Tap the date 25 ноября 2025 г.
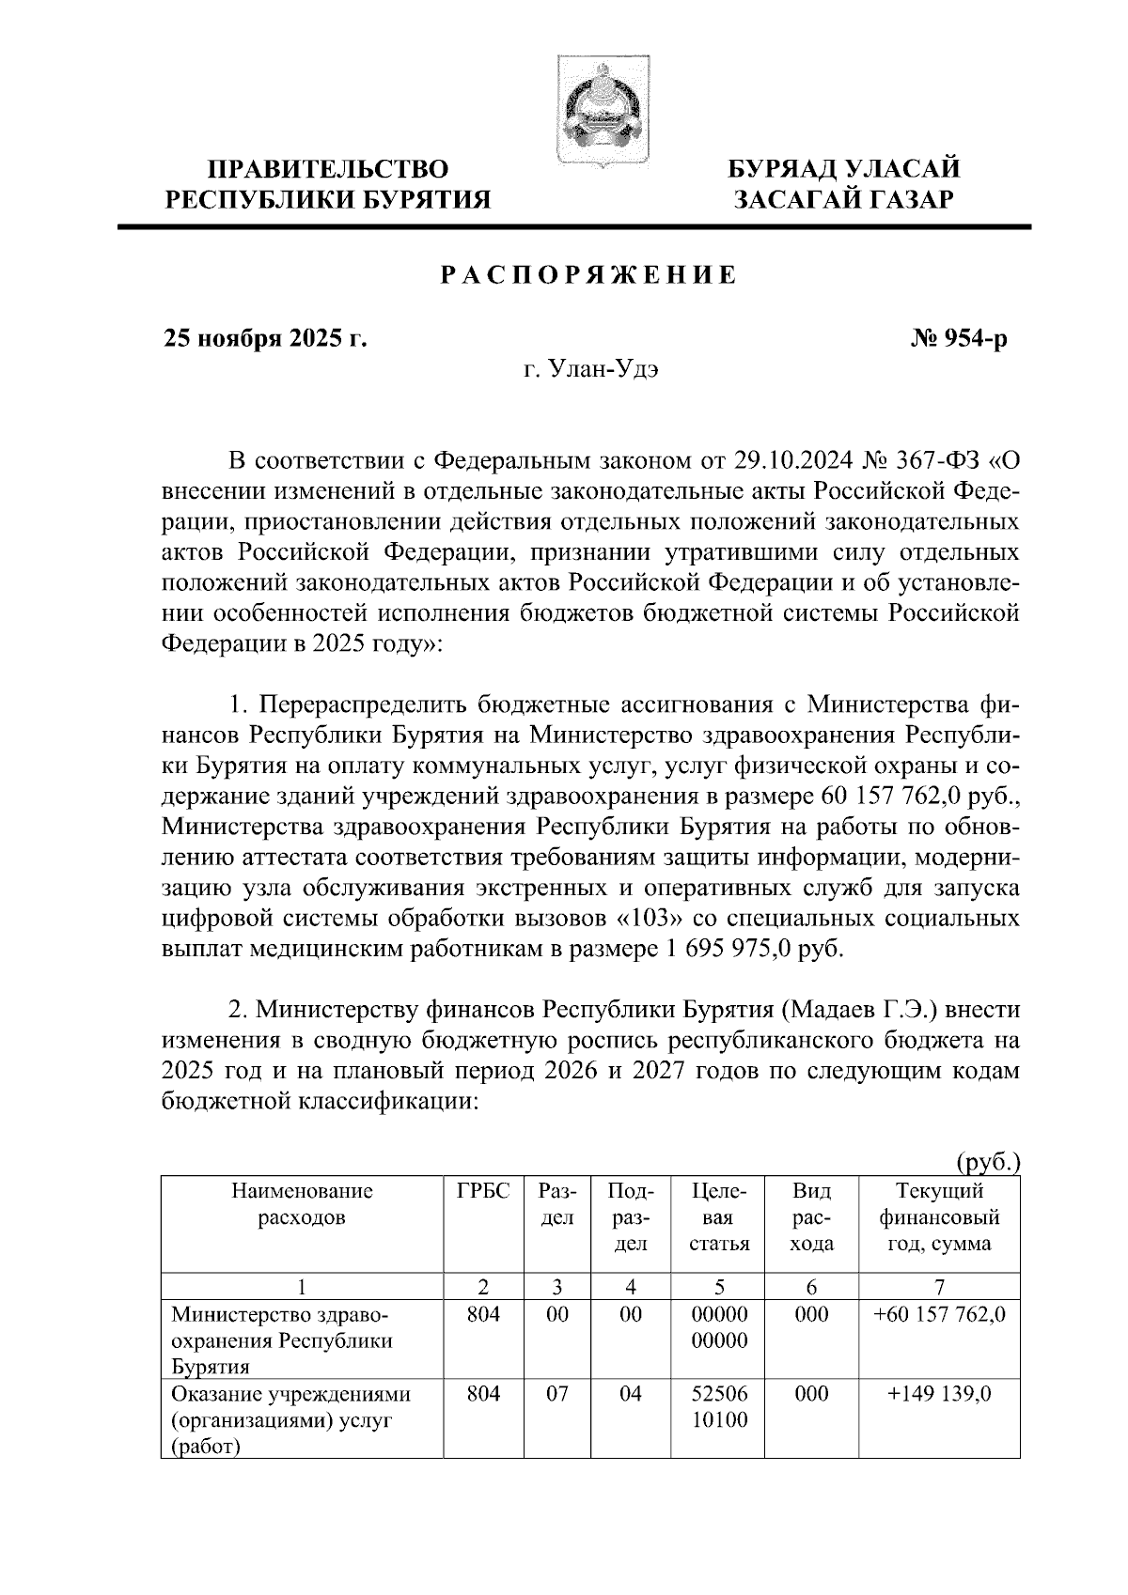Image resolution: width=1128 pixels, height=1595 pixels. (x=264, y=339)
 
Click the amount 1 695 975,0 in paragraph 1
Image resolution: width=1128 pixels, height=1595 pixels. (x=718, y=949)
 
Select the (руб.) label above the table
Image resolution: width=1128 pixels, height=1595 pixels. (x=988, y=1163)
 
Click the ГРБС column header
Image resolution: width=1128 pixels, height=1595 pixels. (x=483, y=1192)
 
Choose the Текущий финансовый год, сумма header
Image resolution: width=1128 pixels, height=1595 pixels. (x=939, y=1217)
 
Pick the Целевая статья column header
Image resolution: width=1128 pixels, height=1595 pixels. (x=719, y=1217)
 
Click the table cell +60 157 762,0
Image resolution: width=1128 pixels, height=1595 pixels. (x=939, y=1315)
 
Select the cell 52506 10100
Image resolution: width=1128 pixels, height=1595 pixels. (x=719, y=1406)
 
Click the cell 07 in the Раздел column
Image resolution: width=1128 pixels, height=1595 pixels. (x=557, y=1394)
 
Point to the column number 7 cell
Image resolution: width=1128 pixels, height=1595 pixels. (x=939, y=1287)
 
